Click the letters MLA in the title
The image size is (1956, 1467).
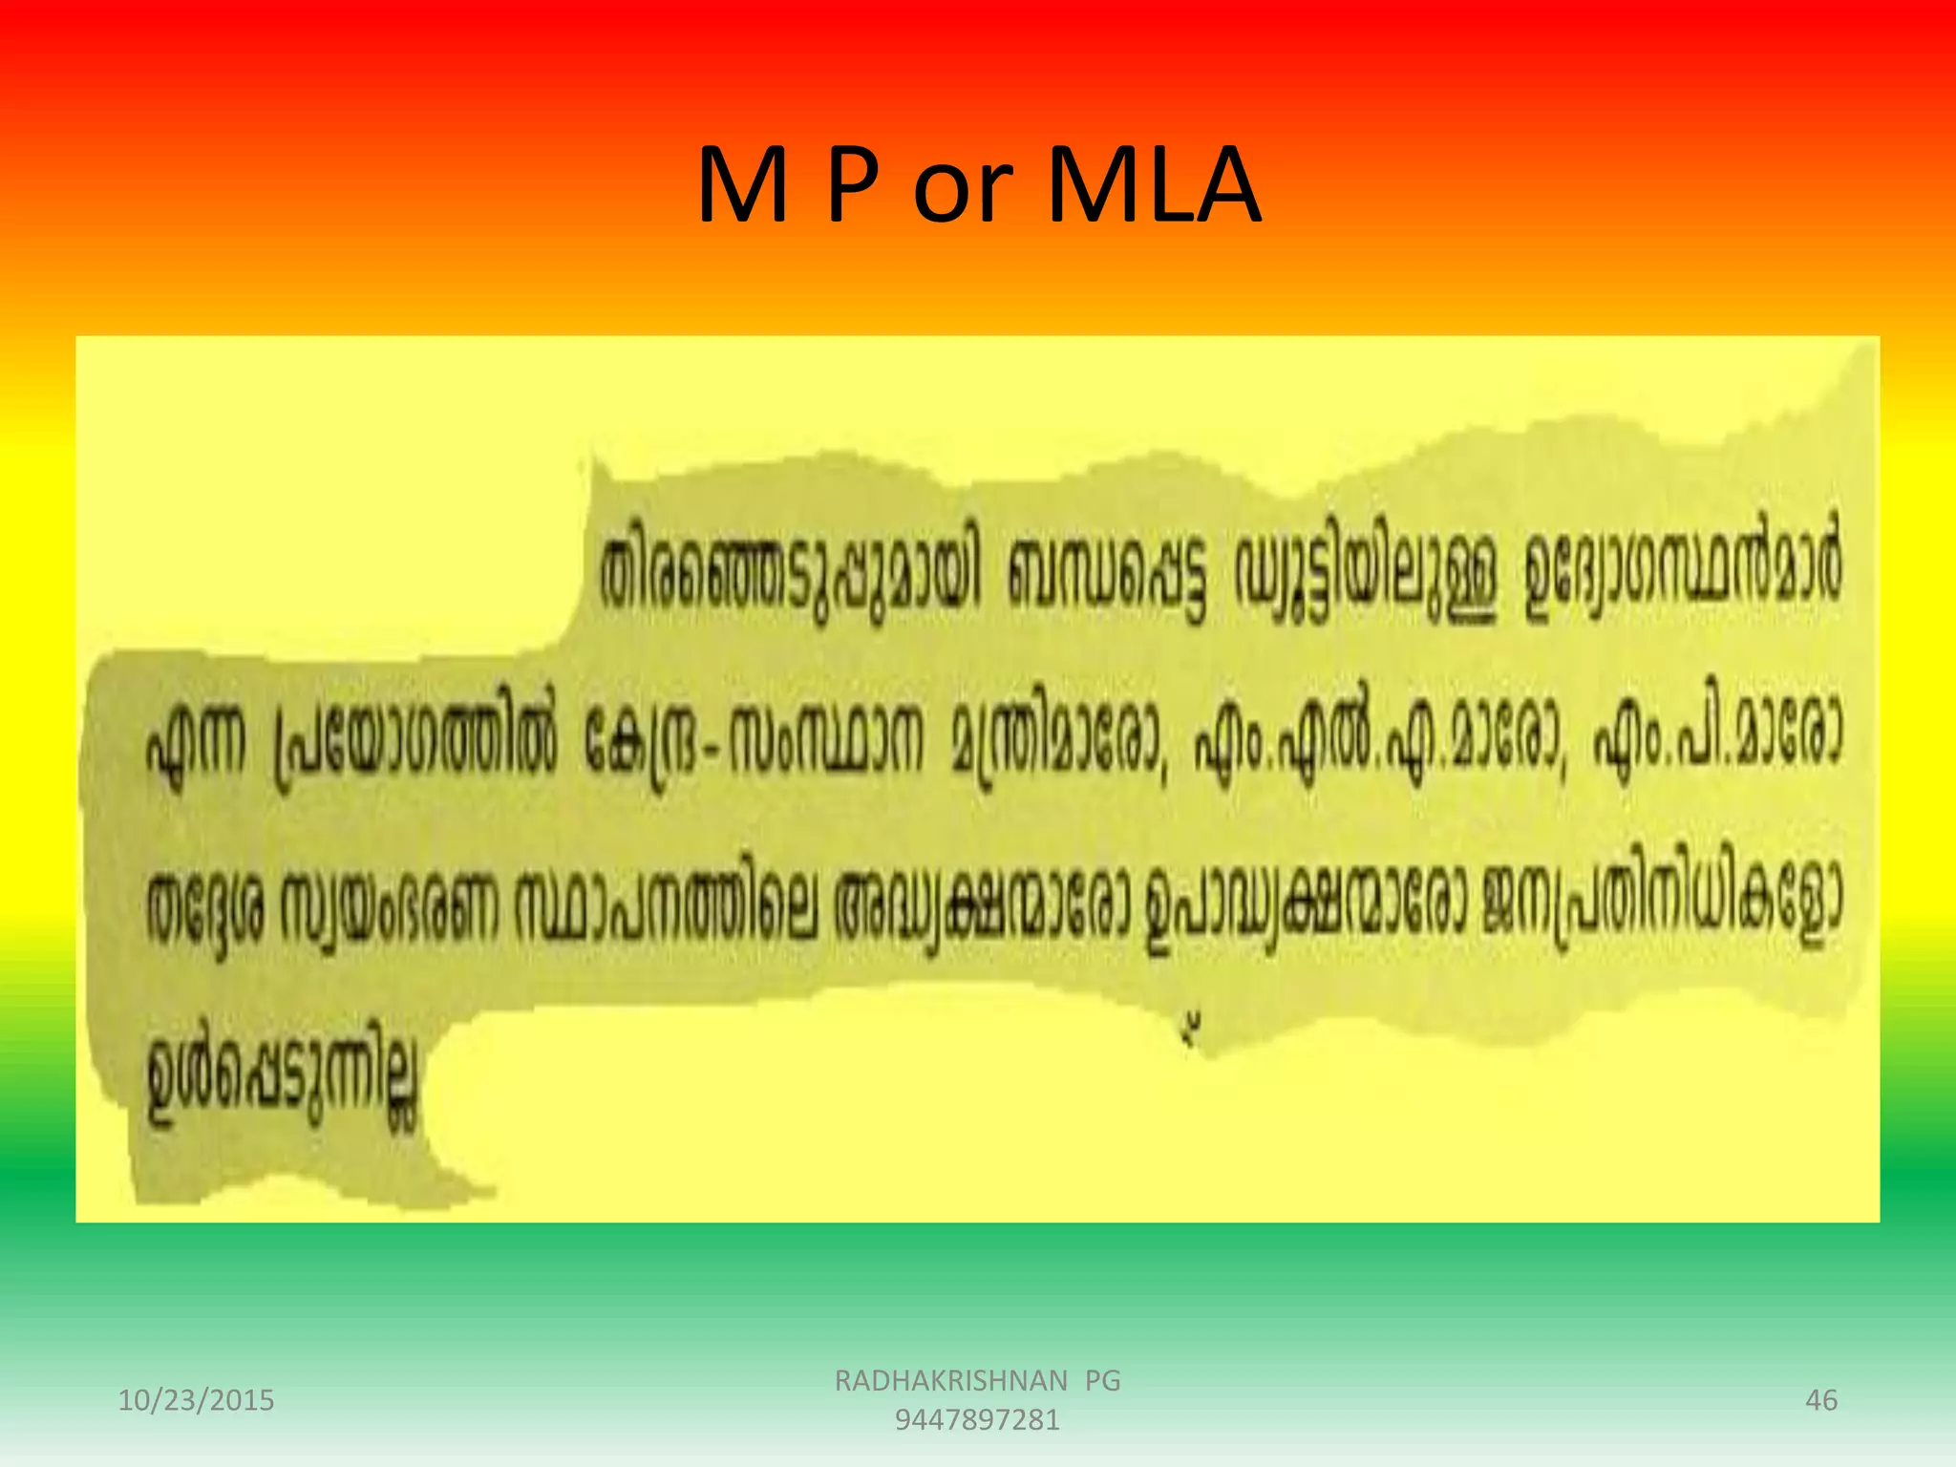coord(1154,186)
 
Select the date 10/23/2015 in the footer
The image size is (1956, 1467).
coord(196,1400)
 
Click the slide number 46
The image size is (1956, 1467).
coord(1821,1400)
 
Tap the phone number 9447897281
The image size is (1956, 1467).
coord(977,1420)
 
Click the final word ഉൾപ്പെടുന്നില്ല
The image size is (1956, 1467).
coord(282,1079)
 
